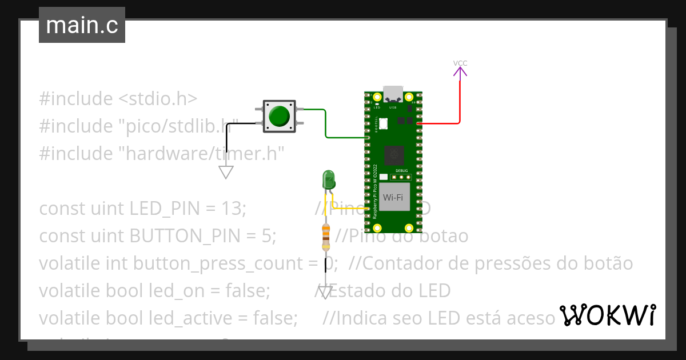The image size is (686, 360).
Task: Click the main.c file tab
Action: click(x=82, y=26)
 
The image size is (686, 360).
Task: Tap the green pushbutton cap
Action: click(x=280, y=116)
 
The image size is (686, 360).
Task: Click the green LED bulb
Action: click(x=329, y=179)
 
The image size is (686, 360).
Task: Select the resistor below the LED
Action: click(x=326, y=237)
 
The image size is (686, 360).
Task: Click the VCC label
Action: click(x=460, y=63)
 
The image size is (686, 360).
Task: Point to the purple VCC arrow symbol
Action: click(x=460, y=72)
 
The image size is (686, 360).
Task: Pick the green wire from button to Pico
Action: click(x=325, y=126)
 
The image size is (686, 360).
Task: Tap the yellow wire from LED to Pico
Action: click(x=349, y=209)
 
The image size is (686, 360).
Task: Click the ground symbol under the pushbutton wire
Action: click(x=226, y=171)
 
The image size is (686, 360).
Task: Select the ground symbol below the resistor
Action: click(x=325, y=293)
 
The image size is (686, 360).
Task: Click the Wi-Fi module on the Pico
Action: click(x=393, y=198)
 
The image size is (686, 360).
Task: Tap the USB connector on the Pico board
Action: click(x=393, y=93)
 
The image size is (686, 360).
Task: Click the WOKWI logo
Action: click(x=607, y=315)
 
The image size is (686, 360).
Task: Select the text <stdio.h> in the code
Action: click(x=158, y=98)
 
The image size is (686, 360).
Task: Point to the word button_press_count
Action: click(x=223, y=263)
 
